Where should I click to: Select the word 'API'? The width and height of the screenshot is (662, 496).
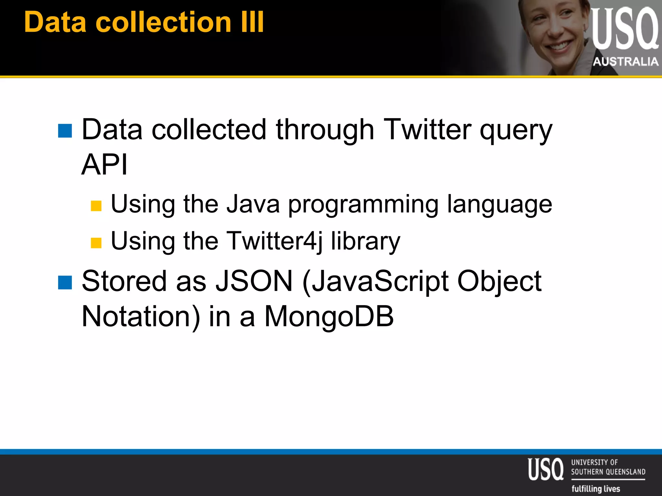[104, 164]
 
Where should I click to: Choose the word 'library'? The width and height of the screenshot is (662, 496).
[365, 242]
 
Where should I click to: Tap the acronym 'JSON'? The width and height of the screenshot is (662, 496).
[254, 281]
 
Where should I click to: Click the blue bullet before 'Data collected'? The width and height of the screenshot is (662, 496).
[65, 131]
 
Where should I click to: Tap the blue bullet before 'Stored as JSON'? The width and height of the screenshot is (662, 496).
[65, 283]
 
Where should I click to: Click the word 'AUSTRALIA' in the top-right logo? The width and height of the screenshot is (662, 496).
[625, 61]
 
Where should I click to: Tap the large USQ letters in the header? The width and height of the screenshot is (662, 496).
[624, 29]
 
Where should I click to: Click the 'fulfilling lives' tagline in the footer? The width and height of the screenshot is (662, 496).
[596, 488]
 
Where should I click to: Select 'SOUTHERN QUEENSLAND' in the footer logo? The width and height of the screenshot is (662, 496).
[608, 472]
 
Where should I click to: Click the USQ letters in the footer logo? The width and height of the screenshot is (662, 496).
[546, 469]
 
